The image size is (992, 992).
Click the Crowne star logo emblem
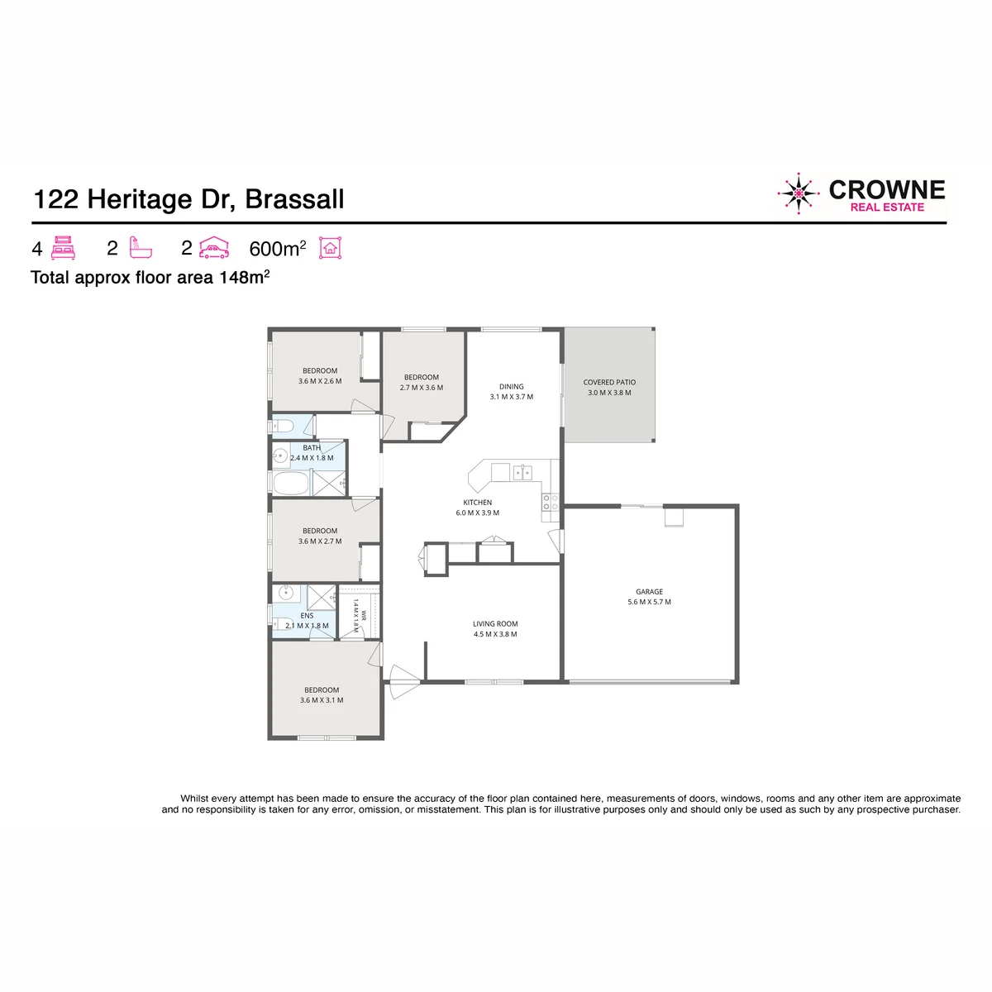(798, 193)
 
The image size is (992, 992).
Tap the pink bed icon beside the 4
(64, 248)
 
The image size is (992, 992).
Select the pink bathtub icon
(141, 248)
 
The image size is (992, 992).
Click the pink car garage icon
(214, 248)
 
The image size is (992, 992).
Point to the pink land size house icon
(330, 248)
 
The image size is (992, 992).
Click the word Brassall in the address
(294, 199)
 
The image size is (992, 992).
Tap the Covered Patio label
(609, 387)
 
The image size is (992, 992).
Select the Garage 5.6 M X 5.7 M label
(649, 597)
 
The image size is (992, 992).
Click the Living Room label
(495, 628)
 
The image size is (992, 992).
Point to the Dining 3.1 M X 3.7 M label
(511, 391)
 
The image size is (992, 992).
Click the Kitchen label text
(477, 503)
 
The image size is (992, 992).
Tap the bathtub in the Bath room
(290, 484)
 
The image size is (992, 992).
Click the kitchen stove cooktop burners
(550, 503)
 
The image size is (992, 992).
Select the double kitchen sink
(522, 472)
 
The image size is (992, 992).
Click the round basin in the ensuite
(286, 593)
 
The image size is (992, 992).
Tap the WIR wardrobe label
(364, 615)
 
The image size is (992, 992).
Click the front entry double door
(405, 681)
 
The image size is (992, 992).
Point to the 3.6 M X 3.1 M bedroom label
(322, 700)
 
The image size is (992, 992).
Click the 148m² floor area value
(245, 277)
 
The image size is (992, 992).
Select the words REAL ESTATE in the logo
(887, 207)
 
